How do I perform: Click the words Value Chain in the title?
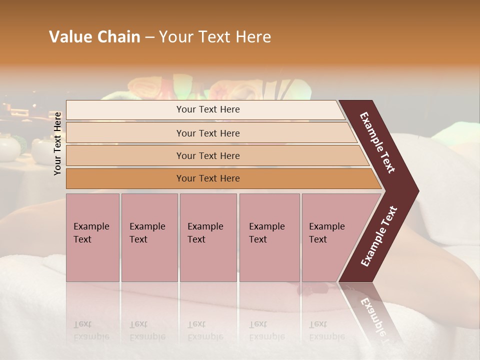pos(94,37)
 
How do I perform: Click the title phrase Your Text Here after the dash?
pos(215,37)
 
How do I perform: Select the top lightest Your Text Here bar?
pos(208,109)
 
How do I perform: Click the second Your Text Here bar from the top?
pos(208,133)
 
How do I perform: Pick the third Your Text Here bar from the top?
pos(208,156)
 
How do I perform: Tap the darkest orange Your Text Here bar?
pos(208,178)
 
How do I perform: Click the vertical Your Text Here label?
pos(57,143)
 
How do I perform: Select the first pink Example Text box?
pos(92,237)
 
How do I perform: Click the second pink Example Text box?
pos(149,237)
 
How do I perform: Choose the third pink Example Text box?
pos(208,237)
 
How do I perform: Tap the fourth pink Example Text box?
pos(269,237)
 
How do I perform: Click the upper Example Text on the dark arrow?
pos(378,142)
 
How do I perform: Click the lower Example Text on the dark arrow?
pos(378,236)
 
